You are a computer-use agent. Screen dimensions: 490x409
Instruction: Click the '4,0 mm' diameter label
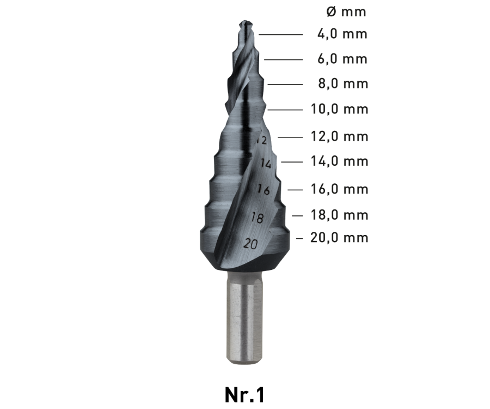[x=342, y=34]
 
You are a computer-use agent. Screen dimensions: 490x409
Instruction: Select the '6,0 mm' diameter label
[x=342, y=59]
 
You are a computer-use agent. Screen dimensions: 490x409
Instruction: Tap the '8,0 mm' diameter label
[x=343, y=84]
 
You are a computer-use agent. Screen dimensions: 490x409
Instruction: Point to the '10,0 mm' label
[x=339, y=109]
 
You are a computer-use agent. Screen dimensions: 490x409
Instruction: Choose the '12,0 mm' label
[x=339, y=136]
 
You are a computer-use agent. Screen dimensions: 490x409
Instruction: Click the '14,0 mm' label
[x=339, y=161]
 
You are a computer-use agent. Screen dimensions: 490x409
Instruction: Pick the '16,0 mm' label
[x=339, y=189]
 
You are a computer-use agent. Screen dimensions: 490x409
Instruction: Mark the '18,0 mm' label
[x=339, y=215]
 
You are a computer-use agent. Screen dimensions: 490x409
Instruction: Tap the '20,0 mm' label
[x=339, y=238]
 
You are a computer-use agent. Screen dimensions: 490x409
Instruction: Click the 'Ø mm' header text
[x=346, y=11]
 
